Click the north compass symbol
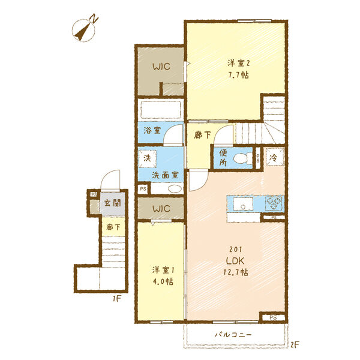84,28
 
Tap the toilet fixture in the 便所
241,158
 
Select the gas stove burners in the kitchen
274,203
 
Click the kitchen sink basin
243,203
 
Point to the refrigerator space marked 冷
275,157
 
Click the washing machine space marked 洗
148,158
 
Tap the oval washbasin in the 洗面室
175,189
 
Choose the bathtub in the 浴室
161,110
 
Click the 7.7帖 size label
238,75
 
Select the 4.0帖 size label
163,281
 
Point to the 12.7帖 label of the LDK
236,272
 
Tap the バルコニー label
233,335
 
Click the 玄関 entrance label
112,203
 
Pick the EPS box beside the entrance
93,194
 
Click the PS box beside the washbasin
143,189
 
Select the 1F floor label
116,299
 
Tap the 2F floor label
295,344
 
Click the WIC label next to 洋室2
161,67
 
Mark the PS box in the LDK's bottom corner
273,318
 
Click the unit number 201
236,250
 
